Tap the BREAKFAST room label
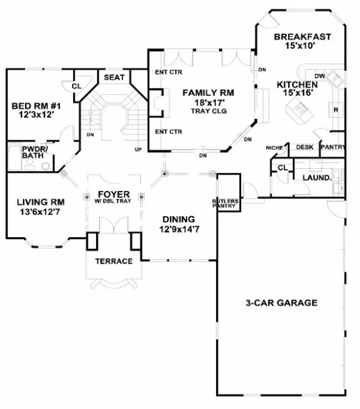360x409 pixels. (x=302, y=36)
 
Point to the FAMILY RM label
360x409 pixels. (x=209, y=92)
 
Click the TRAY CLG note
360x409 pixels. (x=209, y=111)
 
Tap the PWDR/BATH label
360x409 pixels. (x=31, y=152)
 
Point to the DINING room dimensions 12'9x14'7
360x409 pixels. (x=178, y=229)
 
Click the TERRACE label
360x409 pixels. (x=113, y=261)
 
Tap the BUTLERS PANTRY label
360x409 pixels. (x=224, y=203)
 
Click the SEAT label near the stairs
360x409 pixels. (x=114, y=78)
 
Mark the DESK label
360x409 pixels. (x=305, y=147)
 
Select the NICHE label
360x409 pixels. (x=274, y=148)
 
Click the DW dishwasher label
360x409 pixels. (x=319, y=76)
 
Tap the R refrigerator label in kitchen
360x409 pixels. (x=336, y=110)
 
